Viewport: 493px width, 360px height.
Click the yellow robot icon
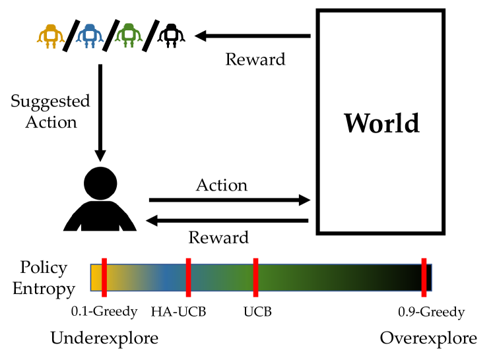pos(50,36)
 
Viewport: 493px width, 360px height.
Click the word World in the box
pos(381,123)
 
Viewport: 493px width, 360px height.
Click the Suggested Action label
pos(50,111)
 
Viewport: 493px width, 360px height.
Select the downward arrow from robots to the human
pos(100,112)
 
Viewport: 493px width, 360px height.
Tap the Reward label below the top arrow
pos(255,59)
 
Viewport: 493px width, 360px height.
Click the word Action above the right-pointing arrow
pos(222,185)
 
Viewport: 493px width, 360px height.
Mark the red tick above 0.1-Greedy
pos(104,277)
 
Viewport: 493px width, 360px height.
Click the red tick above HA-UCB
pos(188,277)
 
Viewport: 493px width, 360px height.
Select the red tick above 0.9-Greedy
pos(424,277)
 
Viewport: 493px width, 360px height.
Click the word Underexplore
pos(104,339)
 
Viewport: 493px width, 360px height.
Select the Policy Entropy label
pos(44,278)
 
